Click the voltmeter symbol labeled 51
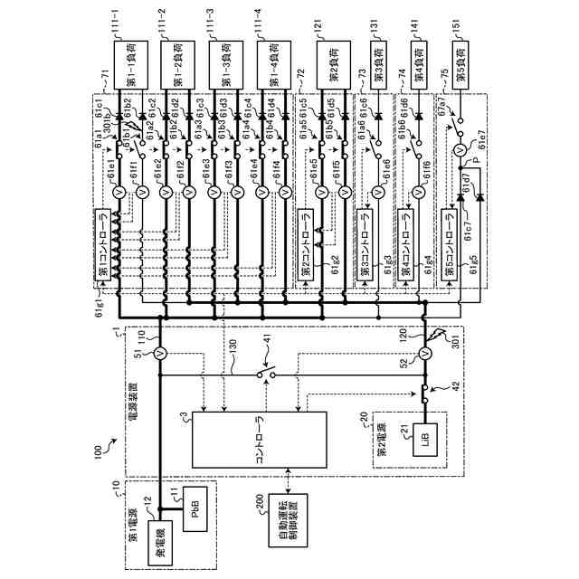[x=158, y=352]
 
